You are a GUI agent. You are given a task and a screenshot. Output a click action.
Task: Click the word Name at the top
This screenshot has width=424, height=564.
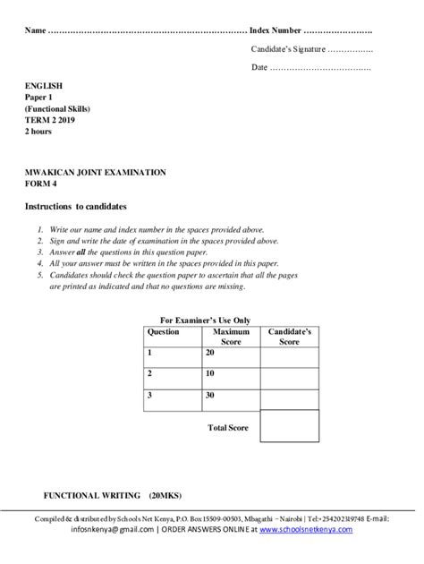[x=34, y=30]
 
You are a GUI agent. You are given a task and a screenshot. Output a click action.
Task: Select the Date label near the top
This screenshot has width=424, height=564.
[x=259, y=67]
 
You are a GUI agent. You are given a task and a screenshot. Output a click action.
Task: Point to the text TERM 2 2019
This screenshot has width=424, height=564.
[x=52, y=120]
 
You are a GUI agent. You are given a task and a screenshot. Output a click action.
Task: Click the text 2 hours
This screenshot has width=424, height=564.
[x=38, y=132]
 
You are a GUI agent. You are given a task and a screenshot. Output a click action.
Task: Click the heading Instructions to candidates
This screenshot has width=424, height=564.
[x=75, y=206]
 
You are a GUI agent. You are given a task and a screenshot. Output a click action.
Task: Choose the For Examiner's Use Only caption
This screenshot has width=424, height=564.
[x=205, y=320]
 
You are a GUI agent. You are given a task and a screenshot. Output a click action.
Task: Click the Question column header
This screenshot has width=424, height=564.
[x=164, y=331]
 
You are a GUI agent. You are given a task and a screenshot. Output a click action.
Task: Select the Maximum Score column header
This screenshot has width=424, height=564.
[x=231, y=337]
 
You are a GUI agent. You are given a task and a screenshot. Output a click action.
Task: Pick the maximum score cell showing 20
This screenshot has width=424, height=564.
[x=209, y=354]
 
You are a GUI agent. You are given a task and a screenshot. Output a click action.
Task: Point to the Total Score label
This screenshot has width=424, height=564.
[x=227, y=429]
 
